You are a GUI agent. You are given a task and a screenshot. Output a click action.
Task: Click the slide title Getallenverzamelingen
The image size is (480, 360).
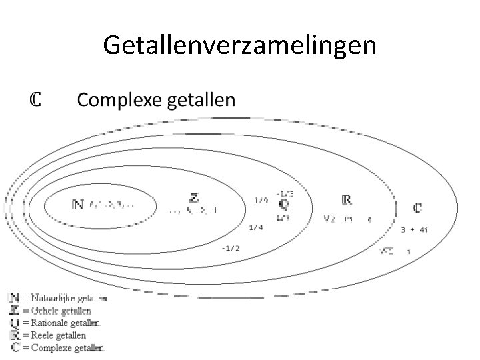240,45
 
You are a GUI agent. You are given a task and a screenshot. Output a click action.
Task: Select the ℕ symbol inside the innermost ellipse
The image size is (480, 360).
78,205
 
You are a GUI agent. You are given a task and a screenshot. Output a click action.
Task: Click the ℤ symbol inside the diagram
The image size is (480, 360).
194,197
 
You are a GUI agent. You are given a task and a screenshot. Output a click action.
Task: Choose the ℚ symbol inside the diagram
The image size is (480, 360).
284,203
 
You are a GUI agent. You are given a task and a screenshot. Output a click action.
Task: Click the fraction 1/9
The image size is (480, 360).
261,200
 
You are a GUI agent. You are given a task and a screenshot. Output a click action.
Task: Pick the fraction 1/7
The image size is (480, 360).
283,217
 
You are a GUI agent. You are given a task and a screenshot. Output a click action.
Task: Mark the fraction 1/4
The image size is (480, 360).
255,228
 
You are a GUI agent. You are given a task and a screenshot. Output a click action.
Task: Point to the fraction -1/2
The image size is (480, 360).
231,249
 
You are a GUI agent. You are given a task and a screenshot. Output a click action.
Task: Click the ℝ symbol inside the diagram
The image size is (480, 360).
347,199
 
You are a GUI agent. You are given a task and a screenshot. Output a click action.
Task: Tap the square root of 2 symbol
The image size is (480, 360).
329,218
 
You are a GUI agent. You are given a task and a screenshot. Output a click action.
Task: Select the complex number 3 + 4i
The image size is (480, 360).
415,231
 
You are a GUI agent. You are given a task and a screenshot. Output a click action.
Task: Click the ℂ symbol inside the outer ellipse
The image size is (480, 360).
417,208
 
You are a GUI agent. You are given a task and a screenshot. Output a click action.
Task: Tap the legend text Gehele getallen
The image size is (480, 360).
62,311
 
